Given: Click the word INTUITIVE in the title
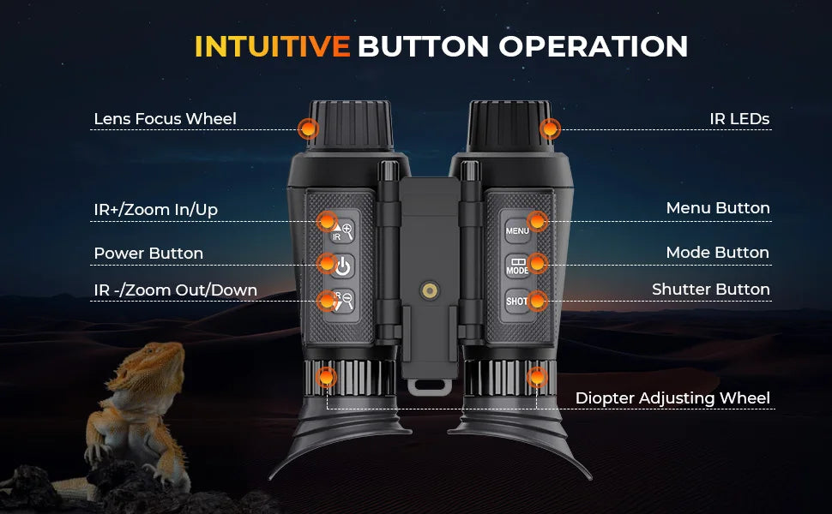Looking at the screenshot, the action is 272,46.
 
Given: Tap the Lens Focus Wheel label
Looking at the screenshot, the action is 165,119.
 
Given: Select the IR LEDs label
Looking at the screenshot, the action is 739,119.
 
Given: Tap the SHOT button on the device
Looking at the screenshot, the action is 517,302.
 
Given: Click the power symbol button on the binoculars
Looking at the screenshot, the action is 342,266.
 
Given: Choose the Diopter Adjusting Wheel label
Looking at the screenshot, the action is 672,398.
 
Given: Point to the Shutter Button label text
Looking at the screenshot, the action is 710,290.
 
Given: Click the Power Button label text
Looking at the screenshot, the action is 148,254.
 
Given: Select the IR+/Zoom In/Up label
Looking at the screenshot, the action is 155,210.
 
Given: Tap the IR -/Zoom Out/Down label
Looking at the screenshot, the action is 176,290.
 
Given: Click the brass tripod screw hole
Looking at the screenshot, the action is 429,290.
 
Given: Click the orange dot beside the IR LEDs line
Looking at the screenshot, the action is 551,128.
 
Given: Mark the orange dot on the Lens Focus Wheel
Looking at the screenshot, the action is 308,128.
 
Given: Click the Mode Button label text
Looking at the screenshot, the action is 717,253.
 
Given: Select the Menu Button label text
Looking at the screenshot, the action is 718,208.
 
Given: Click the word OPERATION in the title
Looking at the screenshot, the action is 594,46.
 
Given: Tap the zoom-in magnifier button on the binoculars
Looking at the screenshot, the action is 342,231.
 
